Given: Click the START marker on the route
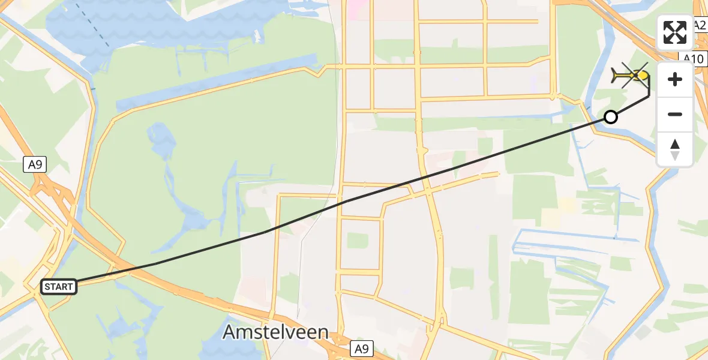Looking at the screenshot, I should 58,287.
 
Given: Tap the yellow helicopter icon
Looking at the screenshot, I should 631,76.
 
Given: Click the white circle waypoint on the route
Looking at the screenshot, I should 610,117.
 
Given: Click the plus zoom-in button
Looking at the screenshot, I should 675,79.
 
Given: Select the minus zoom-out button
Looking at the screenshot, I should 675,114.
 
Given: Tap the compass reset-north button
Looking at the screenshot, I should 675,149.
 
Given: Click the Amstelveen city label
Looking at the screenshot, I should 275,332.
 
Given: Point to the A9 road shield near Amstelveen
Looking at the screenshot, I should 362,348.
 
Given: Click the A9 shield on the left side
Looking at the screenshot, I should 35,164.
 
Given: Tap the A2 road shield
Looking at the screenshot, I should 700,25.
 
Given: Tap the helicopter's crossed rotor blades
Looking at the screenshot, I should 635,74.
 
